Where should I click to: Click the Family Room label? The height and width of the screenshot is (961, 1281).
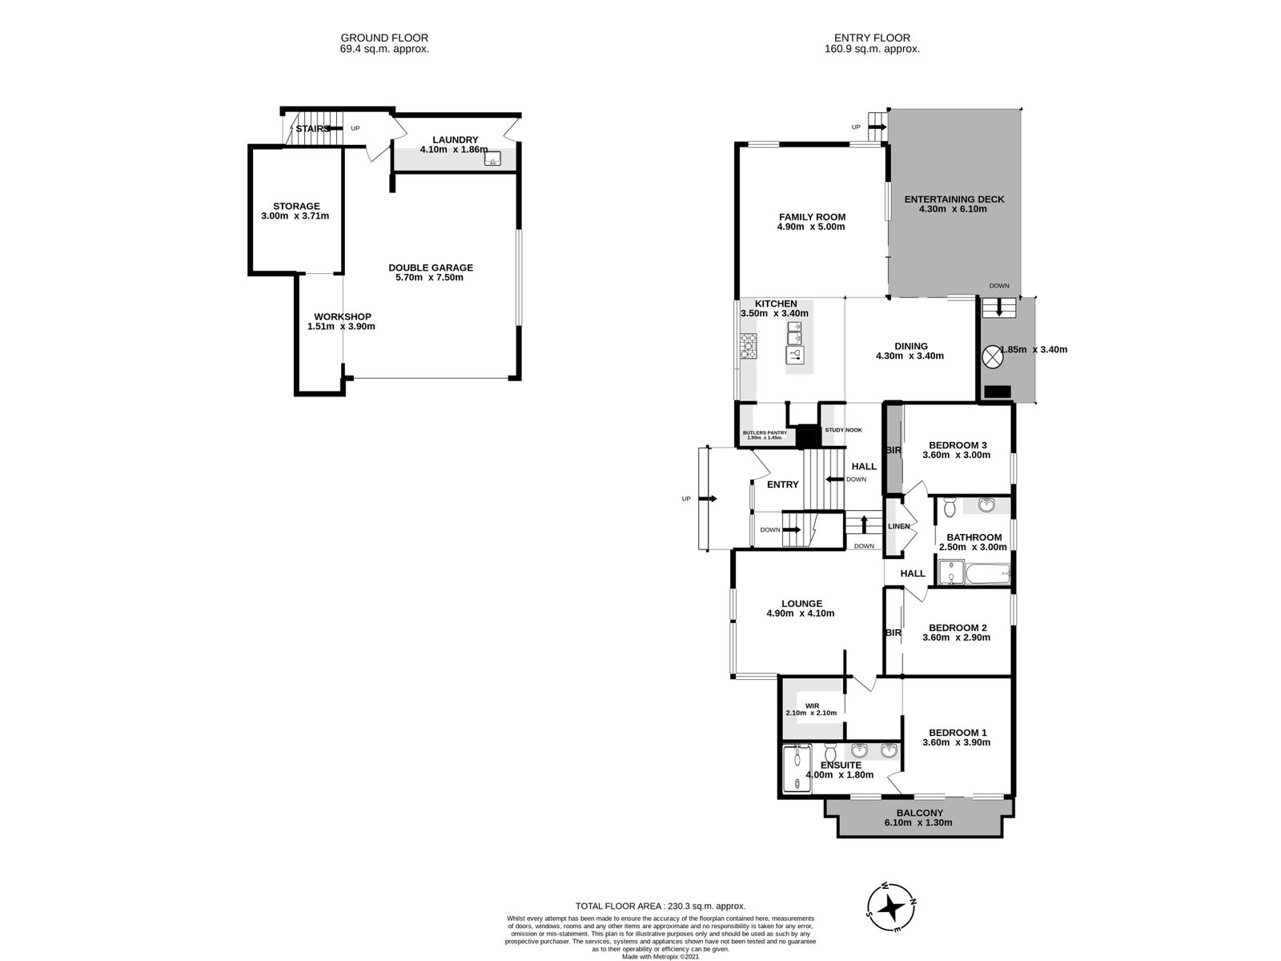[x=812, y=217]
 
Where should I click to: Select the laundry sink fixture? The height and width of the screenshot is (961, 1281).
[x=493, y=159]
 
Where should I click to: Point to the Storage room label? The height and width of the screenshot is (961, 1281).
[x=295, y=206]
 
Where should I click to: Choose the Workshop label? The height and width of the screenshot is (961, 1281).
[x=342, y=316]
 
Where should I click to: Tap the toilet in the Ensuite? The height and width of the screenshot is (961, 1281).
[x=830, y=753]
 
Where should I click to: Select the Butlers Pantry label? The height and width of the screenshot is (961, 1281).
[x=765, y=432]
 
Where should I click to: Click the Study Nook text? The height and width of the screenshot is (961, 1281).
[x=843, y=430]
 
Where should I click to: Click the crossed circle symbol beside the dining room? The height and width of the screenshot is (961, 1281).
[x=991, y=356]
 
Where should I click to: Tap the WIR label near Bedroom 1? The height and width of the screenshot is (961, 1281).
[x=811, y=706]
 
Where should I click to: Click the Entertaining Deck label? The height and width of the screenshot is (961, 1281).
[x=954, y=199]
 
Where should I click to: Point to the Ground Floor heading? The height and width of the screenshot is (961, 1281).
[x=384, y=38]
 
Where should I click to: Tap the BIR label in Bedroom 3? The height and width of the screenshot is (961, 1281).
[x=893, y=451]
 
